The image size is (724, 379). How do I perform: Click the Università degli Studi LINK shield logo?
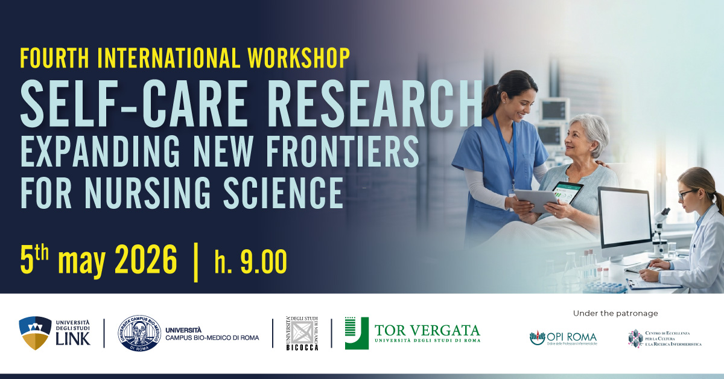coord(36,333)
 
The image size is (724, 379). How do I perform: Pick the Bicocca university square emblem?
coord(302,333)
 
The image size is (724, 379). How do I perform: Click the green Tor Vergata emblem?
coord(356,333)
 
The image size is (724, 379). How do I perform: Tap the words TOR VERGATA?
coord(427,330)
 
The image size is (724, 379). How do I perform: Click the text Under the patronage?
coord(615,313)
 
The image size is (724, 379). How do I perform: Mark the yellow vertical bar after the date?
coord(195,263)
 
